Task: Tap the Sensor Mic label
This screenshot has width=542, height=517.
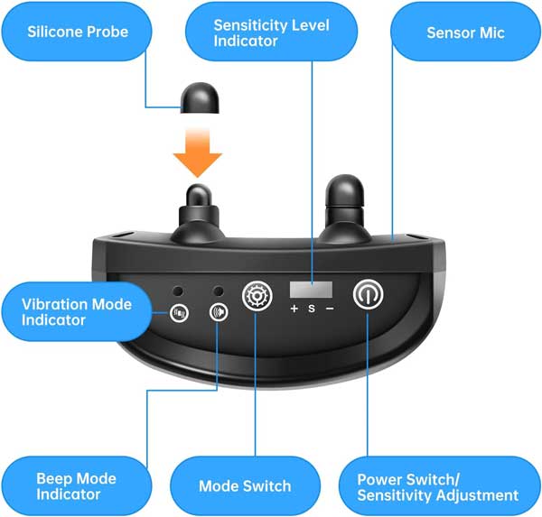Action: [465, 32]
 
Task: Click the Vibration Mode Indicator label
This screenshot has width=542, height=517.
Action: [77, 311]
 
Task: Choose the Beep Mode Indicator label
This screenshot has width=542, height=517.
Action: [77, 485]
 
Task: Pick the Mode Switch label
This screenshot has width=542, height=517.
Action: [245, 485]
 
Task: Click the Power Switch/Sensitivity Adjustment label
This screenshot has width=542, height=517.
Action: [438, 487]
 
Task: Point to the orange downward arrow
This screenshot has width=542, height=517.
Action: [198, 150]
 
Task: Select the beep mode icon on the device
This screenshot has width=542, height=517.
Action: [218, 313]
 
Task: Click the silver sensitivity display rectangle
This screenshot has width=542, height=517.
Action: [311, 291]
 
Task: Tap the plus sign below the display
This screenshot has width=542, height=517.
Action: [294, 309]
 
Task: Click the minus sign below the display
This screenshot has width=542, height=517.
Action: [329, 309]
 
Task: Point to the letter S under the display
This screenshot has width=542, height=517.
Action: [311, 309]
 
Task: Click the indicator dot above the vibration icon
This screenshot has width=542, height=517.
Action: [181, 292]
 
